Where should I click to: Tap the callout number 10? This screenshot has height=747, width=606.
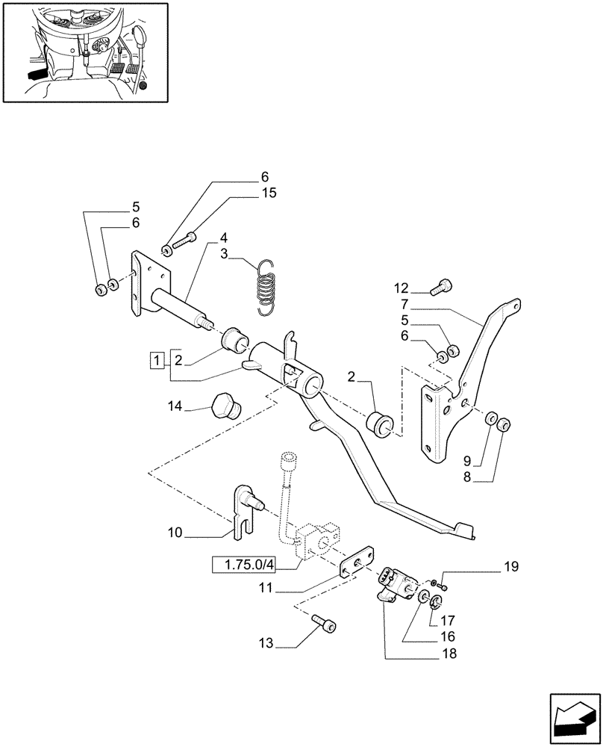(x=175, y=533)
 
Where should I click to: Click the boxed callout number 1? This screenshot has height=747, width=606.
(x=157, y=360)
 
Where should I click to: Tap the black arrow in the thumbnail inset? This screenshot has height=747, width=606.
(x=34, y=74)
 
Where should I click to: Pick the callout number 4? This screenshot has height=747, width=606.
(x=223, y=238)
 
